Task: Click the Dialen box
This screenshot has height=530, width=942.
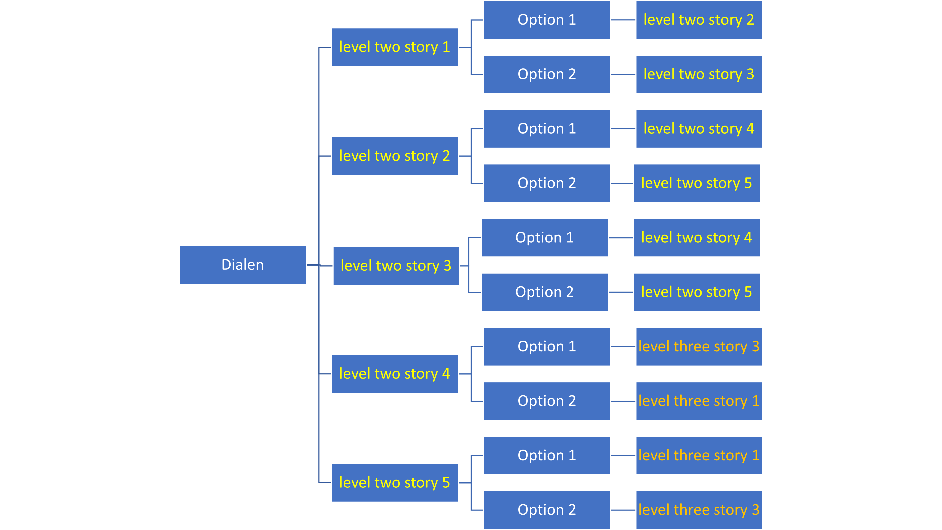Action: click(x=242, y=265)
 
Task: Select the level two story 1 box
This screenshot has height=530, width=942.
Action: click(x=395, y=47)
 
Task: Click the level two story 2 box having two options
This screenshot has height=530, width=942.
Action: click(x=395, y=156)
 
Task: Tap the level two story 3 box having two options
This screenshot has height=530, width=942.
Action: click(x=396, y=266)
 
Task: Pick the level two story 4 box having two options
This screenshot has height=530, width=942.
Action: click(x=395, y=374)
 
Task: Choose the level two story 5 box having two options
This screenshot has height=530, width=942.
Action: click(x=395, y=483)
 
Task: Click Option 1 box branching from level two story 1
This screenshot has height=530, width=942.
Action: click(x=547, y=20)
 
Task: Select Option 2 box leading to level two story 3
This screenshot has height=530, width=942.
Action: click(x=547, y=74)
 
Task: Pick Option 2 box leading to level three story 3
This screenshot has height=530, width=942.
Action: click(x=547, y=510)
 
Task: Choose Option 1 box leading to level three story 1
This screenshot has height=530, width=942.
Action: click(x=547, y=456)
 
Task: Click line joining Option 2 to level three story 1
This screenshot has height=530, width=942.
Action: click(x=623, y=401)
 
